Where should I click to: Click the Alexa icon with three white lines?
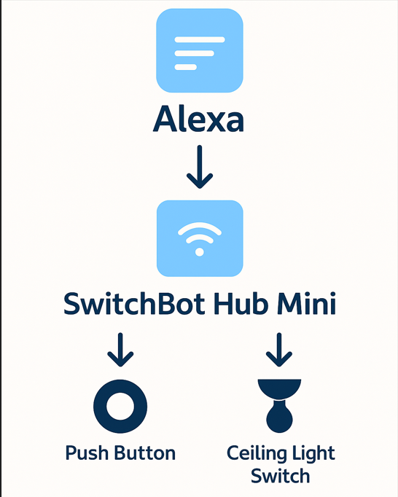pos(200,51)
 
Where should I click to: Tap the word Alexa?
pos(199,120)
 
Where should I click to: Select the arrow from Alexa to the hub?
pos(200,167)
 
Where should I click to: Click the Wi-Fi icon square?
pos(200,238)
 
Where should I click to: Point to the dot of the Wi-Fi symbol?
pos(200,252)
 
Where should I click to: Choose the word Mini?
pos(306,303)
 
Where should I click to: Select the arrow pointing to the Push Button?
pos(120,350)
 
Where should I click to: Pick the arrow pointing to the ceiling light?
pos(279,350)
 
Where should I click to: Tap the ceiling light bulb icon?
pos(279,406)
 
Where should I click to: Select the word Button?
pos(144,453)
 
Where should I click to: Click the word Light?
pos(307,453)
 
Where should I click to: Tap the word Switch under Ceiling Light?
pos(280,476)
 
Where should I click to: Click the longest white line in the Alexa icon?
pos(200,39)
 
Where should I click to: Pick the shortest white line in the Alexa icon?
pos(186,67)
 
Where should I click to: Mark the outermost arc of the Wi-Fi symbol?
pos(200,224)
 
